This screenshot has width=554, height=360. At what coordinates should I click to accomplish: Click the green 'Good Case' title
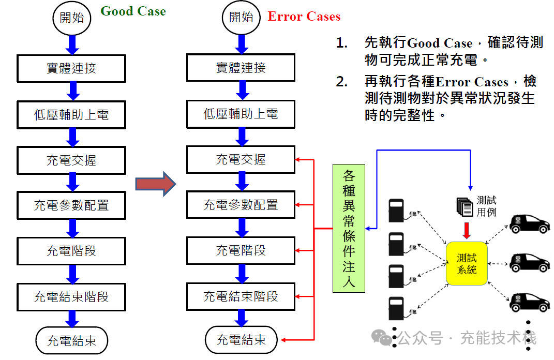[x=133, y=11]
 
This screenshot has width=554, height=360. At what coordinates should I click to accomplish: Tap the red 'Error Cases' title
[x=304, y=17]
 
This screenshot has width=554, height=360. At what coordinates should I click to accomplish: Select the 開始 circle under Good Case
[x=72, y=18]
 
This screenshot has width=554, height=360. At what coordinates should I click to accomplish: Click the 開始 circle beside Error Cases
[x=241, y=17]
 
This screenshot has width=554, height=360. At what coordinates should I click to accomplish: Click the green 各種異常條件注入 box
[x=349, y=228]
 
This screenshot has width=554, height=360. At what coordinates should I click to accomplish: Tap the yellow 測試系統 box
[x=467, y=263]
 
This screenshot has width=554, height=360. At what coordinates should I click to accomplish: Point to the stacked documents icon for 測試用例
[x=465, y=206]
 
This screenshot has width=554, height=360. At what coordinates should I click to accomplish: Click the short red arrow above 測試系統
[x=467, y=231]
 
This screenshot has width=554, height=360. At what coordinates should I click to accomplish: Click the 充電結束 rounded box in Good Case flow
[x=72, y=341]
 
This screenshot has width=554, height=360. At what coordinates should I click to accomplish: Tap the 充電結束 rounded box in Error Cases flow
[x=241, y=340]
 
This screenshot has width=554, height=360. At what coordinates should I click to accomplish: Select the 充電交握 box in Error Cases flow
[x=241, y=159]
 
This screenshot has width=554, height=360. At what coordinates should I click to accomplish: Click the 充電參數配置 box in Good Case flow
[x=71, y=205]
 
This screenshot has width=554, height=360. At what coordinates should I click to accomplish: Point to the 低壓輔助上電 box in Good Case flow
[x=71, y=115]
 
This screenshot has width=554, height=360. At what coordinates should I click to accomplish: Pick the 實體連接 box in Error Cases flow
[x=241, y=68]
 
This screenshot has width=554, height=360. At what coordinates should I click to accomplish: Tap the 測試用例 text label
[x=486, y=206]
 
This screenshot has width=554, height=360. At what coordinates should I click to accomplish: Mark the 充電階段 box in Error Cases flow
[x=241, y=250]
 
